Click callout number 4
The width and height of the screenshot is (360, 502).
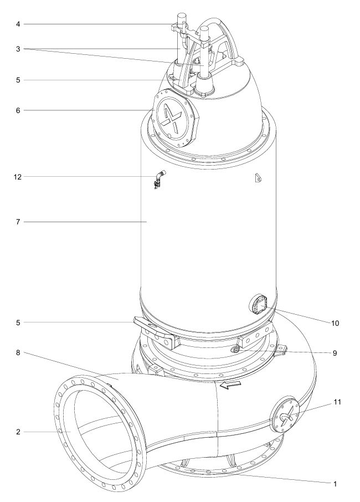click(x=18, y=24)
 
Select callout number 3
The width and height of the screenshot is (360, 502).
click(x=18, y=49)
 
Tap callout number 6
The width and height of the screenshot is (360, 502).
click(x=18, y=110)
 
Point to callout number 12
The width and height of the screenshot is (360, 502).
click(x=18, y=177)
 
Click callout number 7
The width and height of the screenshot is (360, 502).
click(x=18, y=222)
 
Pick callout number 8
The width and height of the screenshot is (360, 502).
click(x=18, y=352)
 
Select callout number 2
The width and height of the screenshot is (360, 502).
click(x=18, y=432)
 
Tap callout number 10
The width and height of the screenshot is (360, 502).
click(x=335, y=324)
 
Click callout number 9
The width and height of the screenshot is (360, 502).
click(x=335, y=353)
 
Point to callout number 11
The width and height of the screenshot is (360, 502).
click(x=338, y=402)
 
